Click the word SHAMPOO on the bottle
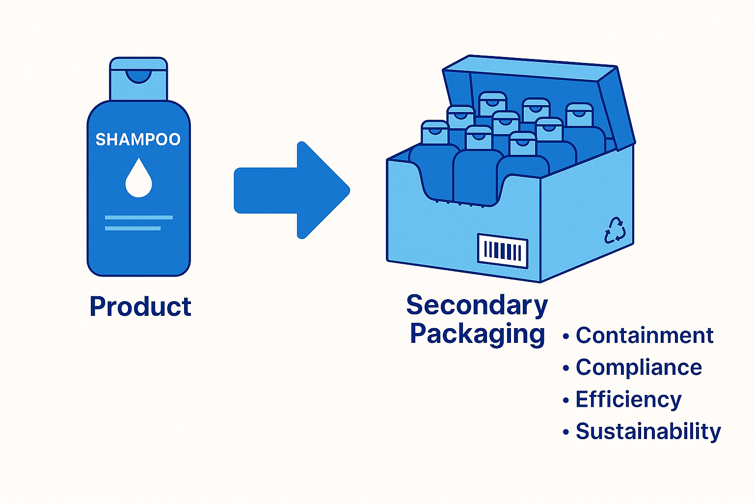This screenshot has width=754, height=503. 138,140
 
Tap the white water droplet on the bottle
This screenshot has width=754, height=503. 138,180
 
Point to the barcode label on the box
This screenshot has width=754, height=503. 503,251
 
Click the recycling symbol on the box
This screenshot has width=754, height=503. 615,230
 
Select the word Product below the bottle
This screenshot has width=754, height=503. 140,307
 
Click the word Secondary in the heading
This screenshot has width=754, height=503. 477,306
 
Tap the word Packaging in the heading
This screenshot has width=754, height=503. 477,334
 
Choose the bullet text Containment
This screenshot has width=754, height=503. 644,335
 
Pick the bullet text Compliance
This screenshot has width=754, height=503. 639,367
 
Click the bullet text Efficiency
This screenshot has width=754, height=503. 628,399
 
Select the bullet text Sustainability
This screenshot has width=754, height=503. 648,431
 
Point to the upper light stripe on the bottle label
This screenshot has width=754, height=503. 139,217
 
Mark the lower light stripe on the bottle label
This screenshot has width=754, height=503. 133,228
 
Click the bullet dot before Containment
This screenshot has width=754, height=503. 566,336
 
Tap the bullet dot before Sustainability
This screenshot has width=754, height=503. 566,432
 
